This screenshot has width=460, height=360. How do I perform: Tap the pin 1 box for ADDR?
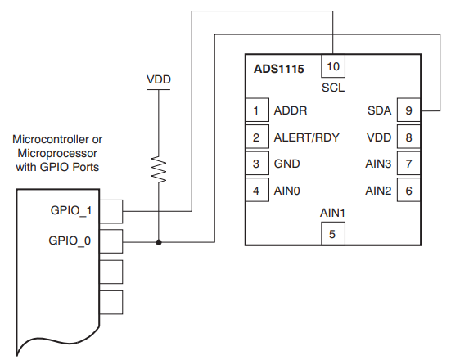(257, 110)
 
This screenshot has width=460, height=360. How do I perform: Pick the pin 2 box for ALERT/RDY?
(257, 137)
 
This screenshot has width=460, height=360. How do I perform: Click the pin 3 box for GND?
(257, 164)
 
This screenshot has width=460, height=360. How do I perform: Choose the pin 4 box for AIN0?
(257, 191)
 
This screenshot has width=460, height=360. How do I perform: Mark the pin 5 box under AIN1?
(332, 233)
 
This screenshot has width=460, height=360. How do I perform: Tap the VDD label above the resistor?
(159, 79)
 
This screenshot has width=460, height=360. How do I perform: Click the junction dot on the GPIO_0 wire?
(159, 242)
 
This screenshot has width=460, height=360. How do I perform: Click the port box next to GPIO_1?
(111, 211)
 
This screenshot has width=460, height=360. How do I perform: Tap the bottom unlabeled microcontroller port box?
(111, 302)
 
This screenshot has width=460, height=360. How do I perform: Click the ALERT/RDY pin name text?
(307, 137)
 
